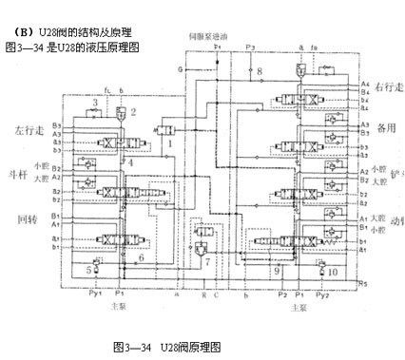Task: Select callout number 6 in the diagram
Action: point(141,256)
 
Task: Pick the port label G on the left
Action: point(180,69)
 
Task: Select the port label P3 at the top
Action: point(250,47)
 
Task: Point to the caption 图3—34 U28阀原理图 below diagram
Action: point(166,346)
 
